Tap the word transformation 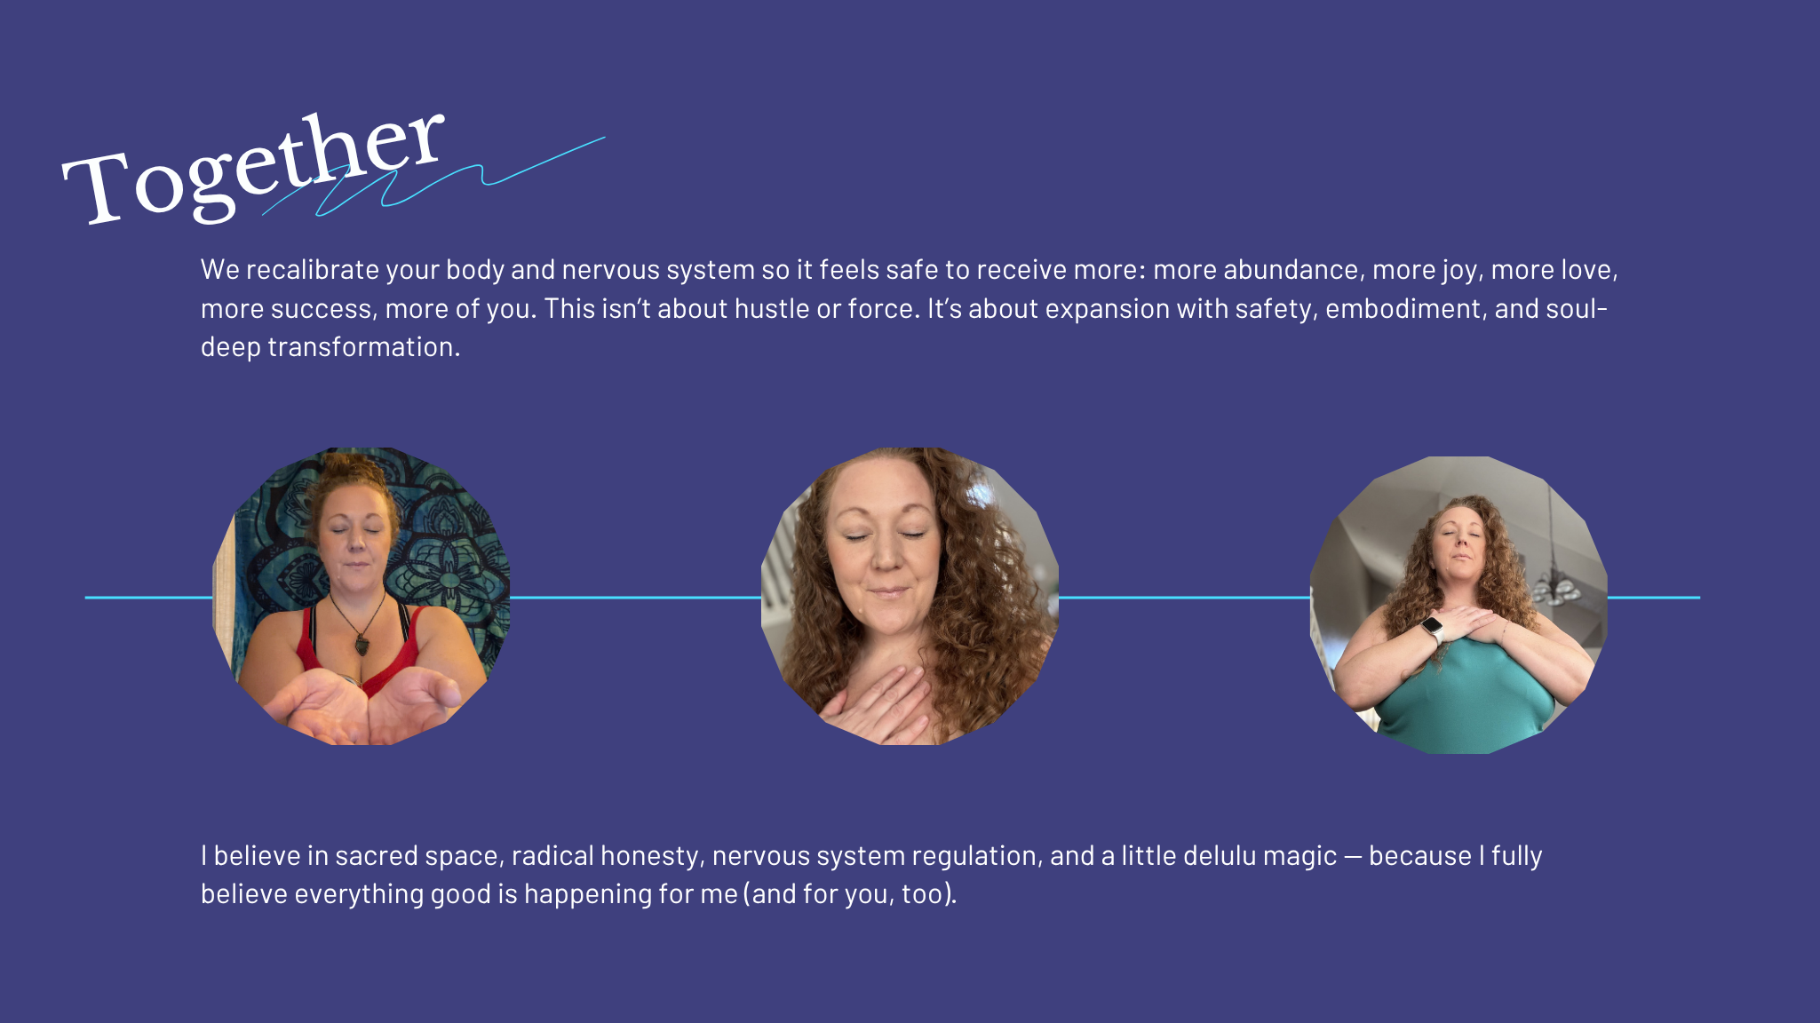[364, 346]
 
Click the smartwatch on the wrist [1432, 629]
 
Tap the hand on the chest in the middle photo [875, 706]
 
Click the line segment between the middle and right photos [1184, 598]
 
